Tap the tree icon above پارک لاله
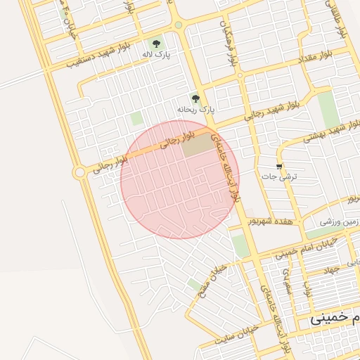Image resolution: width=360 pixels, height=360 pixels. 156,43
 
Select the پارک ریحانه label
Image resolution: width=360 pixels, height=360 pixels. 195,110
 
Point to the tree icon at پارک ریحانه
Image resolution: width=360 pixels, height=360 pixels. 195,98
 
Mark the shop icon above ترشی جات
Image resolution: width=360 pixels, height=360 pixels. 281,166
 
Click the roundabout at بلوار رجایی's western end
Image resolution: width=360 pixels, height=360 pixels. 79,172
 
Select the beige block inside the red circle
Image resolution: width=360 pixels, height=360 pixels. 198,146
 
